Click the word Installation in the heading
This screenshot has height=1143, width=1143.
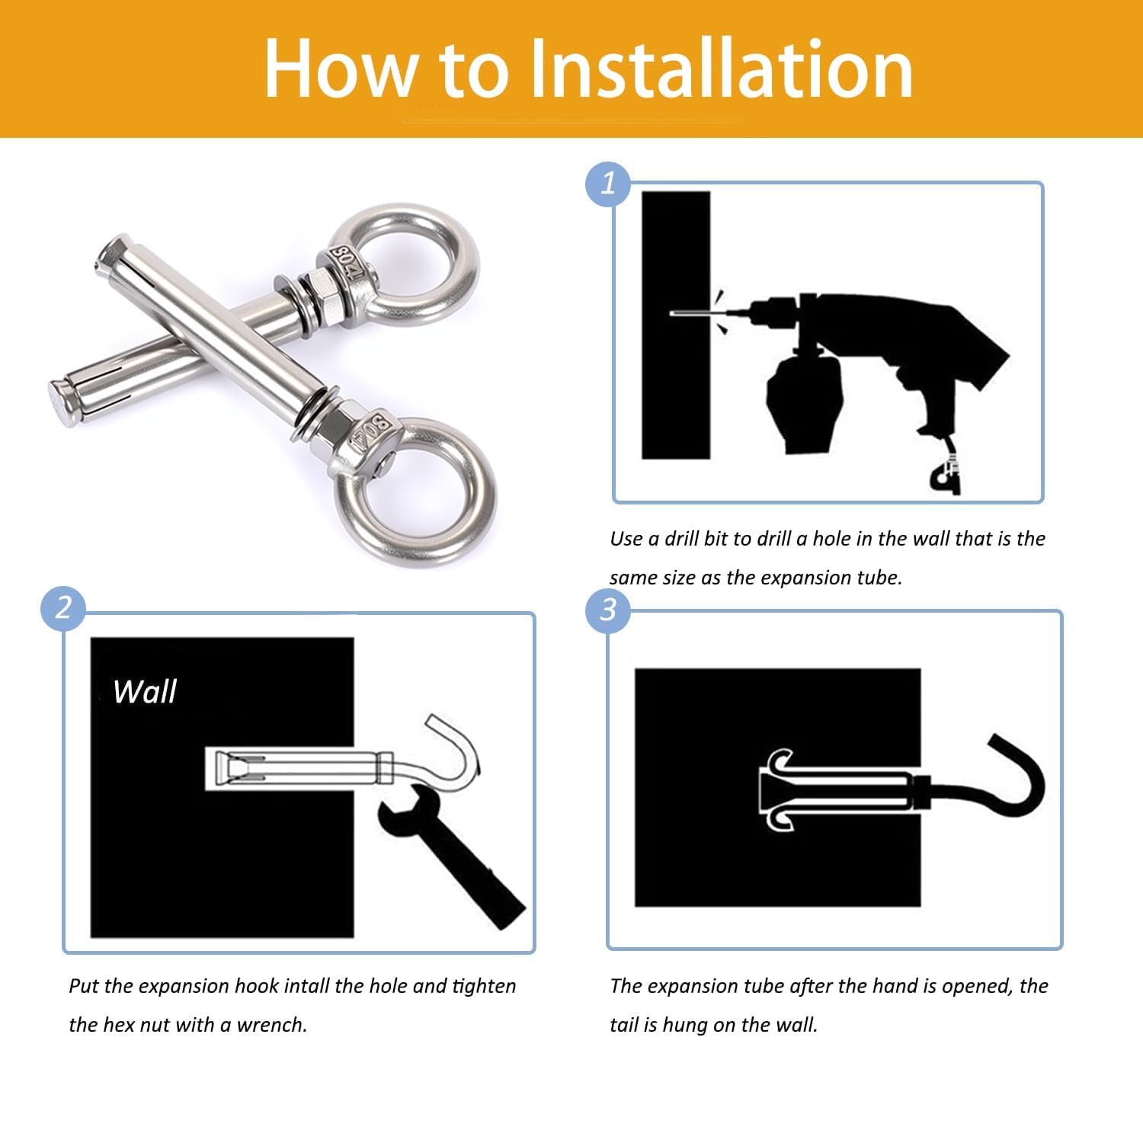point(720,69)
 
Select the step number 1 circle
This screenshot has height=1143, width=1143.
point(607,184)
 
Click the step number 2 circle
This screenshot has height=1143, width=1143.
point(63,608)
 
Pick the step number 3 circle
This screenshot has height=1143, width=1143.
point(608,610)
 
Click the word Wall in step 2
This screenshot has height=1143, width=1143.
point(145,691)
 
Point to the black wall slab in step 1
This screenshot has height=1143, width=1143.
point(676,325)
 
